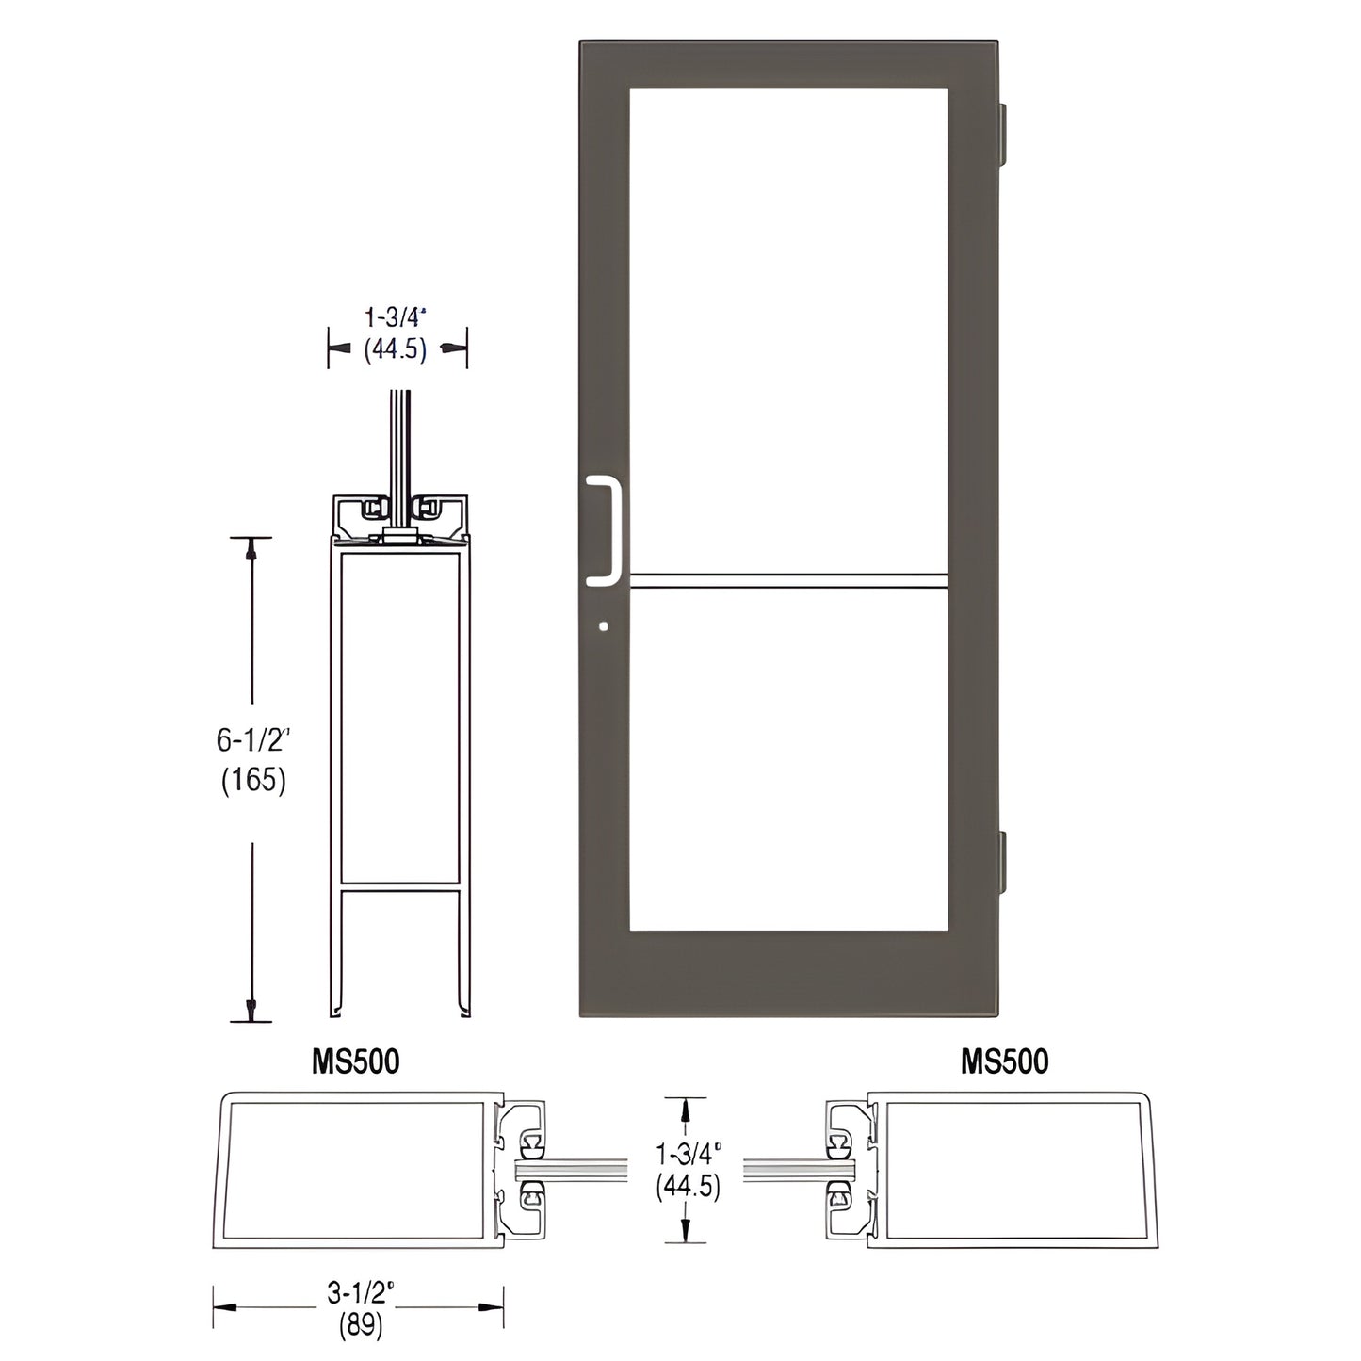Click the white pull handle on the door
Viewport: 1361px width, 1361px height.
(610, 527)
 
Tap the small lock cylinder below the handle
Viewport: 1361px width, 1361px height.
(604, 625)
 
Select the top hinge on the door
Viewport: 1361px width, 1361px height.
(1005, 131)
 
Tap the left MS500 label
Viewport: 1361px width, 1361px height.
(355, 1061)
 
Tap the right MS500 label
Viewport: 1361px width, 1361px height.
(1004, 1061)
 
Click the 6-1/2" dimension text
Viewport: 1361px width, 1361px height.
(251, 741)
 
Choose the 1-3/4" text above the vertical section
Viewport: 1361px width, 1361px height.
(397, 317)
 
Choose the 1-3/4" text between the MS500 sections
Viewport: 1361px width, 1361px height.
(689, 1150)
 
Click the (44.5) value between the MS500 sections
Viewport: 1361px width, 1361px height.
(689, 1187)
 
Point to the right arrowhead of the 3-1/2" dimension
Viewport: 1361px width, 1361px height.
(491, 1307)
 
